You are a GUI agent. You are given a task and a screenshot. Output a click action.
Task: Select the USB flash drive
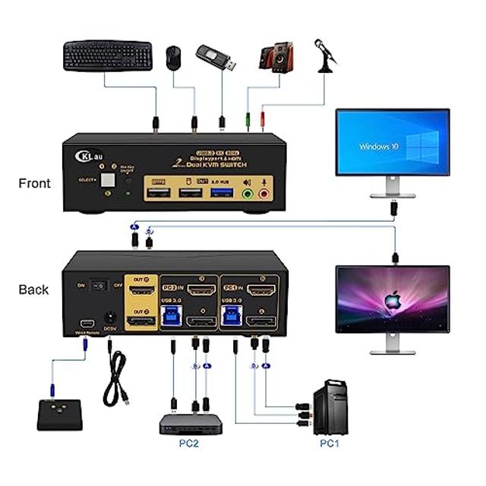(x=216, y=58)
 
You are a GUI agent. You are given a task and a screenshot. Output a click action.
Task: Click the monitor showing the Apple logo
(x=392, y=298)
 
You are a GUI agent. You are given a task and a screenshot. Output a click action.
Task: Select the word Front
(x=33, y=183)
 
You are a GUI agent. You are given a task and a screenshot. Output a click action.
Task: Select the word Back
(x=33, y=289)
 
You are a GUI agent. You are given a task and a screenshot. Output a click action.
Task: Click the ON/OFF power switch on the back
(x=96, y=285)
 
